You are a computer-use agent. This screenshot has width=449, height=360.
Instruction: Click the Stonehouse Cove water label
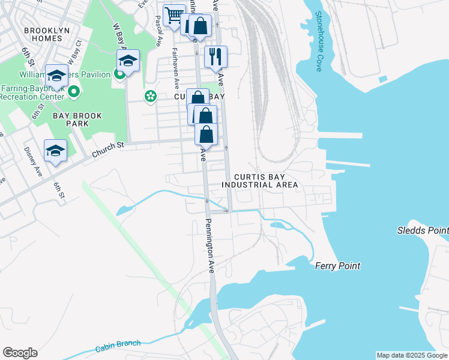click(319, 41)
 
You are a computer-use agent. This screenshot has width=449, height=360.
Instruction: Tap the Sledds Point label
click(423, 230)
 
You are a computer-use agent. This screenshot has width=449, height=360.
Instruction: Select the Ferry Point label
click(337, 265)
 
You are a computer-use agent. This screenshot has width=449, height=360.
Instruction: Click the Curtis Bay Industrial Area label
click(259, 181)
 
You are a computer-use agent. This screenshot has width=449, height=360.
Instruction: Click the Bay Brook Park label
click(77, 119)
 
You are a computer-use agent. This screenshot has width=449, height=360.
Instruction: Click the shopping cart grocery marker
click(174, 14)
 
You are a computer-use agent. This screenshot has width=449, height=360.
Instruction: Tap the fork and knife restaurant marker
click(215, 57)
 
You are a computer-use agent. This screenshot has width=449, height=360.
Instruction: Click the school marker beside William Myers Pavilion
click(128, 61)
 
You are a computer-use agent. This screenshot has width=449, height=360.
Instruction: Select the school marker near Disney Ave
click(55, 151)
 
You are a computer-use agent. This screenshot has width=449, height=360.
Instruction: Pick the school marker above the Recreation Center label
click(56, 76)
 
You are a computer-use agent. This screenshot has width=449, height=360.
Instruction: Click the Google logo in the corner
click(20, 352)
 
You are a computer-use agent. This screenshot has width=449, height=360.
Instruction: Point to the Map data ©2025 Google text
click(412, 355)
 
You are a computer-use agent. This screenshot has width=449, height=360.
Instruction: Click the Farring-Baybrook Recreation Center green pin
click(73, 92)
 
